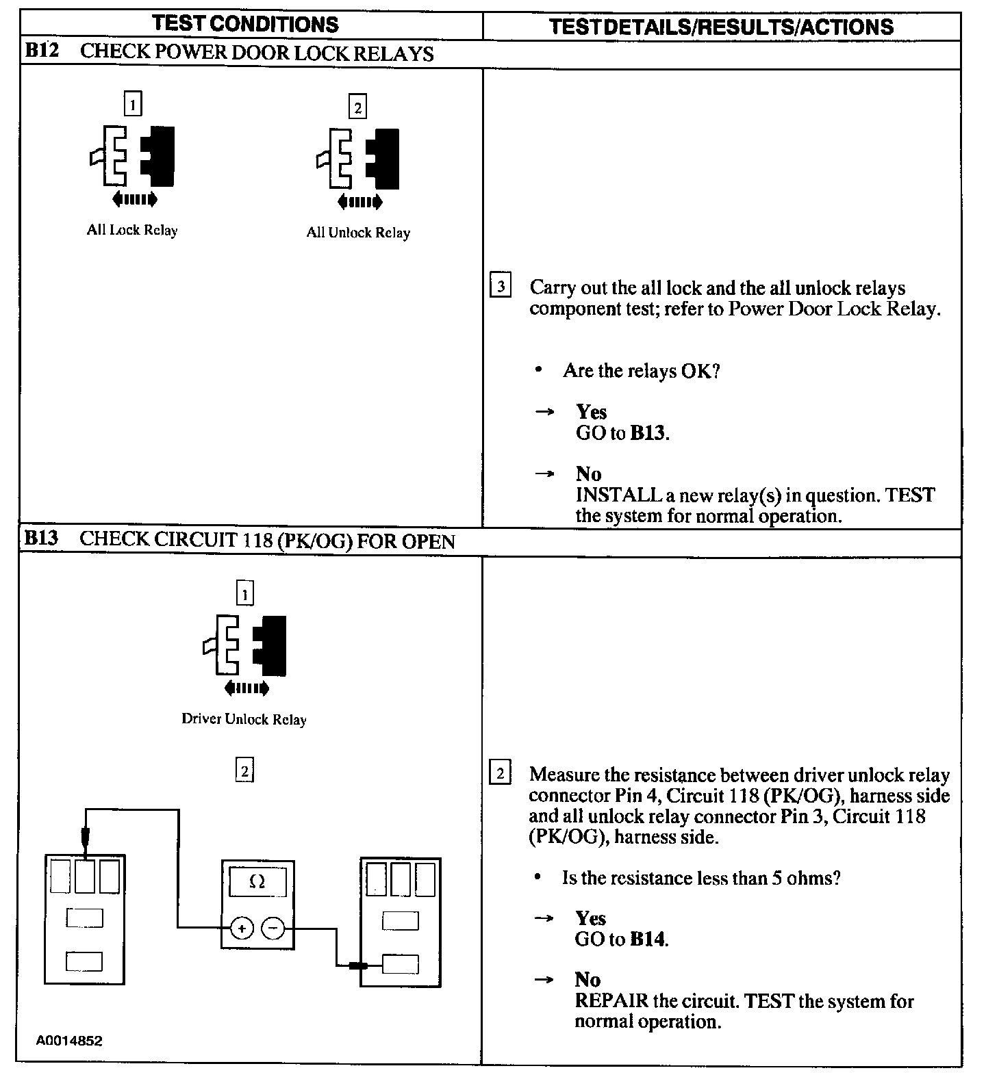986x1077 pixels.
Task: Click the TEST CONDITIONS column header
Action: (245, 24)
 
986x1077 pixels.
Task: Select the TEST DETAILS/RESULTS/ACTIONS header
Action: (721, 27)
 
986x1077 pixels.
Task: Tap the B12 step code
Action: (42, 52)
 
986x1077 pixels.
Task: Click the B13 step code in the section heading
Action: (41, 538)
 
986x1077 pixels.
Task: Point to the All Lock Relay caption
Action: (132, 230)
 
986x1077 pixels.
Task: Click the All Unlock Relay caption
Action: (358, 233)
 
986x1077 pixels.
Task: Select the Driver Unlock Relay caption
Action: (244, 719)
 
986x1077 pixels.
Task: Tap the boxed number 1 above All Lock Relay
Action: (132, 105)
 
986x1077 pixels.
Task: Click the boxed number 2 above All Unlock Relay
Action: (357, 107)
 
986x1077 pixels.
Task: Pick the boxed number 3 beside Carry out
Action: (501, 286)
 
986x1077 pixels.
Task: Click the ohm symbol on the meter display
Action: (257, 883)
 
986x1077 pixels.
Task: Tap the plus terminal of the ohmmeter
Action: (242, 929)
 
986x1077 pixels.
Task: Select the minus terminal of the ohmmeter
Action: (273, 929)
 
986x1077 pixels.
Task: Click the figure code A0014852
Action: (69, 1041)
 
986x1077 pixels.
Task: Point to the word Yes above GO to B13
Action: (591, 412)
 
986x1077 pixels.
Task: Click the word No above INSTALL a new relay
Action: (588, 474)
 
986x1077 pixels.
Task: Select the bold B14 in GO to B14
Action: (647, 939)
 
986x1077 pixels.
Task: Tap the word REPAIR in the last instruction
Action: (611, 1001)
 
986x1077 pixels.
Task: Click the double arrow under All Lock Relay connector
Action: (134, 199)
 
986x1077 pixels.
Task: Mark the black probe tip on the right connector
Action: (358, 966)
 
